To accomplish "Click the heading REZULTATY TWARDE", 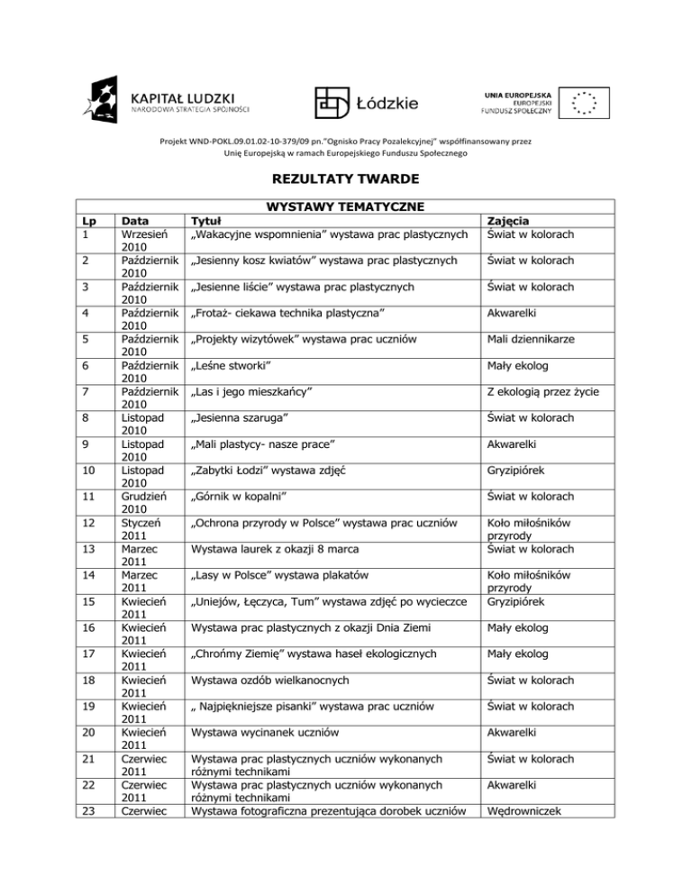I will click(x=346, y=178).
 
